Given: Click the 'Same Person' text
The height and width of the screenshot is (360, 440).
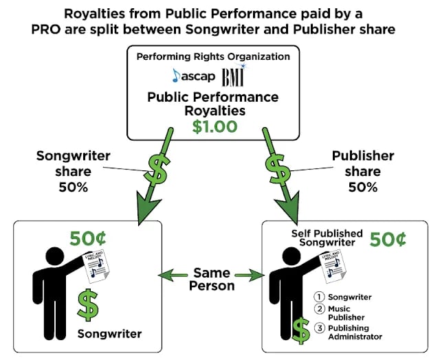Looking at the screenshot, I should coord(212,278).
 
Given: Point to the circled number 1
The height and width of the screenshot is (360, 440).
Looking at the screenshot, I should coord(319,297).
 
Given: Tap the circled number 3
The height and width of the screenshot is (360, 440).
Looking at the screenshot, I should coord(319,328).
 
